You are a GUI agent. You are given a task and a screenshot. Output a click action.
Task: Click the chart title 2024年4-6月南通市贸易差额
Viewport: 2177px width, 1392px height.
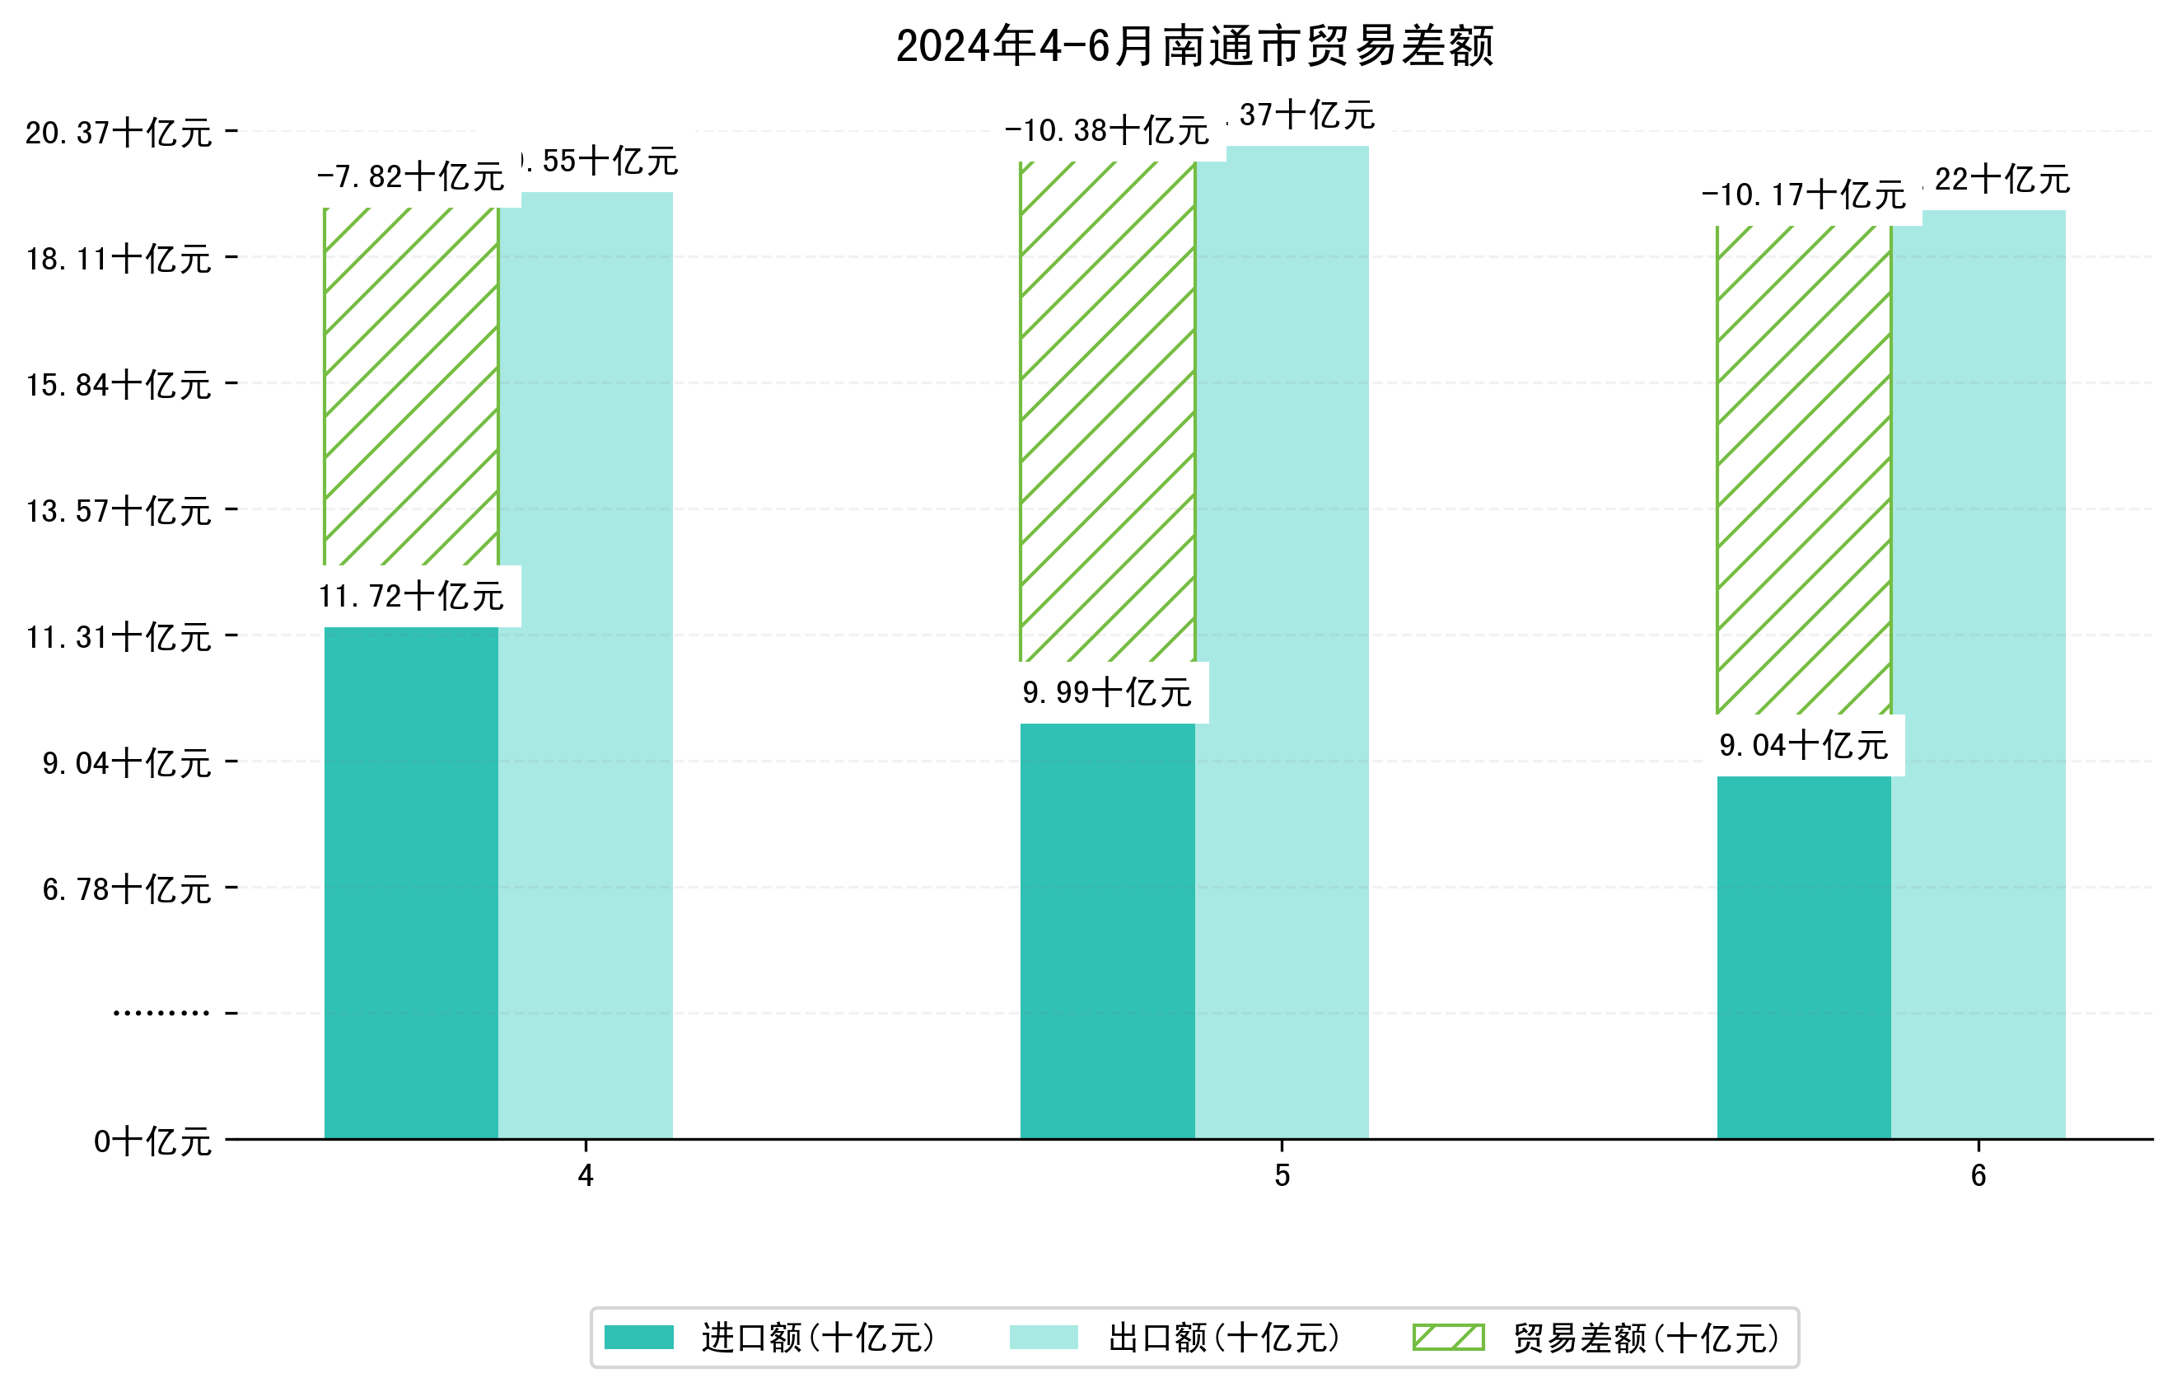click(1194, 46)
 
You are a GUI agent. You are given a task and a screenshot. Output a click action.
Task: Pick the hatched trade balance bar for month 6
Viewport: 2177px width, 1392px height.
click(1803, 471)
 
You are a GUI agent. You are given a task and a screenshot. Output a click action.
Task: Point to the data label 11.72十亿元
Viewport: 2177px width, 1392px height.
click(411, 597)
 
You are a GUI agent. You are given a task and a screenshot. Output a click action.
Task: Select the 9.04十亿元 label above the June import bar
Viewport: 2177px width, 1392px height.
click(1803, 746)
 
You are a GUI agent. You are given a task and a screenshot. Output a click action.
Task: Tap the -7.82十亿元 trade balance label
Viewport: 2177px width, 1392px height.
click(410, 177)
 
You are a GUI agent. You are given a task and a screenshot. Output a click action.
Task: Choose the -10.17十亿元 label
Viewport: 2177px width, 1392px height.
click(1803, 195)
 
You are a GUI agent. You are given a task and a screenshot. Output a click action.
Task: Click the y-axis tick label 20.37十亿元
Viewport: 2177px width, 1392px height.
click(119, 134)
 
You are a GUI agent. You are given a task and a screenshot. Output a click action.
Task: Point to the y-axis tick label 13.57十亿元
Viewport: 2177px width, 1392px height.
click(119, 512)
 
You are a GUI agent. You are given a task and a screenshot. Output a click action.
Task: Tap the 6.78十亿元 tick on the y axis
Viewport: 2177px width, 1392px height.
click(127, 890)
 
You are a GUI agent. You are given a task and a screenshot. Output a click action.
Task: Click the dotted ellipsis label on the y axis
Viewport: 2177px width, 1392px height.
click(161, 1014)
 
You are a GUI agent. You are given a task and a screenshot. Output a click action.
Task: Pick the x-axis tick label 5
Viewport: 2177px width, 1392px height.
click(1281, 1176)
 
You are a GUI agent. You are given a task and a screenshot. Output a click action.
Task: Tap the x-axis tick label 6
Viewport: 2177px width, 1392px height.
click(1978, 1176)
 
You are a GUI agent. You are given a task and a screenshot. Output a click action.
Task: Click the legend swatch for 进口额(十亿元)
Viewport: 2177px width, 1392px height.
click(638, 1338)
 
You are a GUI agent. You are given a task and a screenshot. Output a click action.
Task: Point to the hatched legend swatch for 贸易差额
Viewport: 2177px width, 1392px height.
click(1447, 1338)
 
